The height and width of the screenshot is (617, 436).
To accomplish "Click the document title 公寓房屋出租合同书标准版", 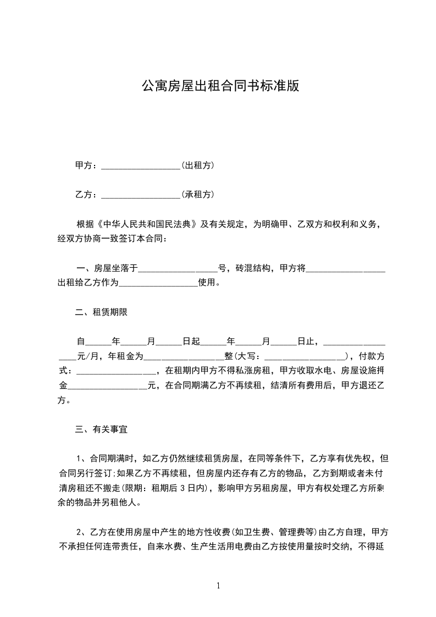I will [220, 86].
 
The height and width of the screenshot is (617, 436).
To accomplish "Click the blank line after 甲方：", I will [141, 166].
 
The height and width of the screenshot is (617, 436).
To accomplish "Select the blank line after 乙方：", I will [141, 195].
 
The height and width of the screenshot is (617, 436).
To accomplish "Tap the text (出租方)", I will [197, 166].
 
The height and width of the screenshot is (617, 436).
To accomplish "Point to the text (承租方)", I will [197, 195].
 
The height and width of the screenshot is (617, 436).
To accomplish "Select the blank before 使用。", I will [158, 284].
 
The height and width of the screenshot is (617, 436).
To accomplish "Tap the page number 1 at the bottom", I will [218, 586].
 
